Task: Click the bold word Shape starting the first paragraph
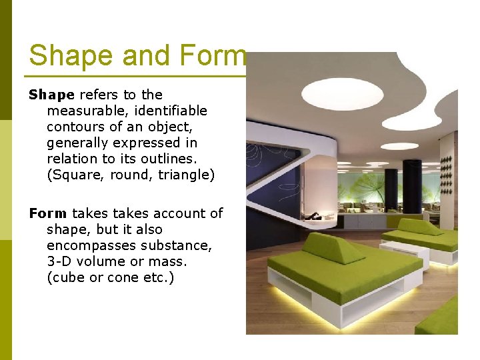point(51,95)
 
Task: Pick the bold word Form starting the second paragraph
point(47,213)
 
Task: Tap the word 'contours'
point(75,127)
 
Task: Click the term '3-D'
point(60,261)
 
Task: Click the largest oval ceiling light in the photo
point(342,93)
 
